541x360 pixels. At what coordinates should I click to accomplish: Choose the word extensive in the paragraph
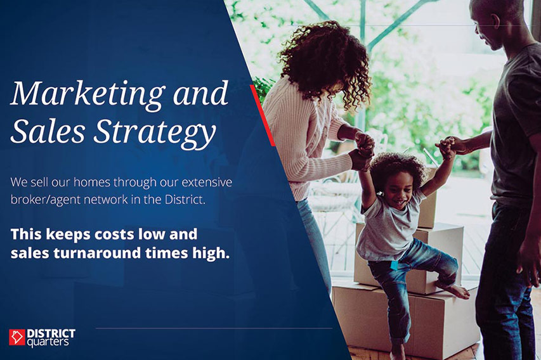[207, 182]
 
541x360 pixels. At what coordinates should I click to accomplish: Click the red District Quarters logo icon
[17, 337]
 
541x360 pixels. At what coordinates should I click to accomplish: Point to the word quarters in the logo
[48, 342]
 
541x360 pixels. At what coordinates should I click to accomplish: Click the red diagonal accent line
[263, 115]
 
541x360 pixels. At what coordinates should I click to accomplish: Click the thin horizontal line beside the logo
[214, 328]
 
